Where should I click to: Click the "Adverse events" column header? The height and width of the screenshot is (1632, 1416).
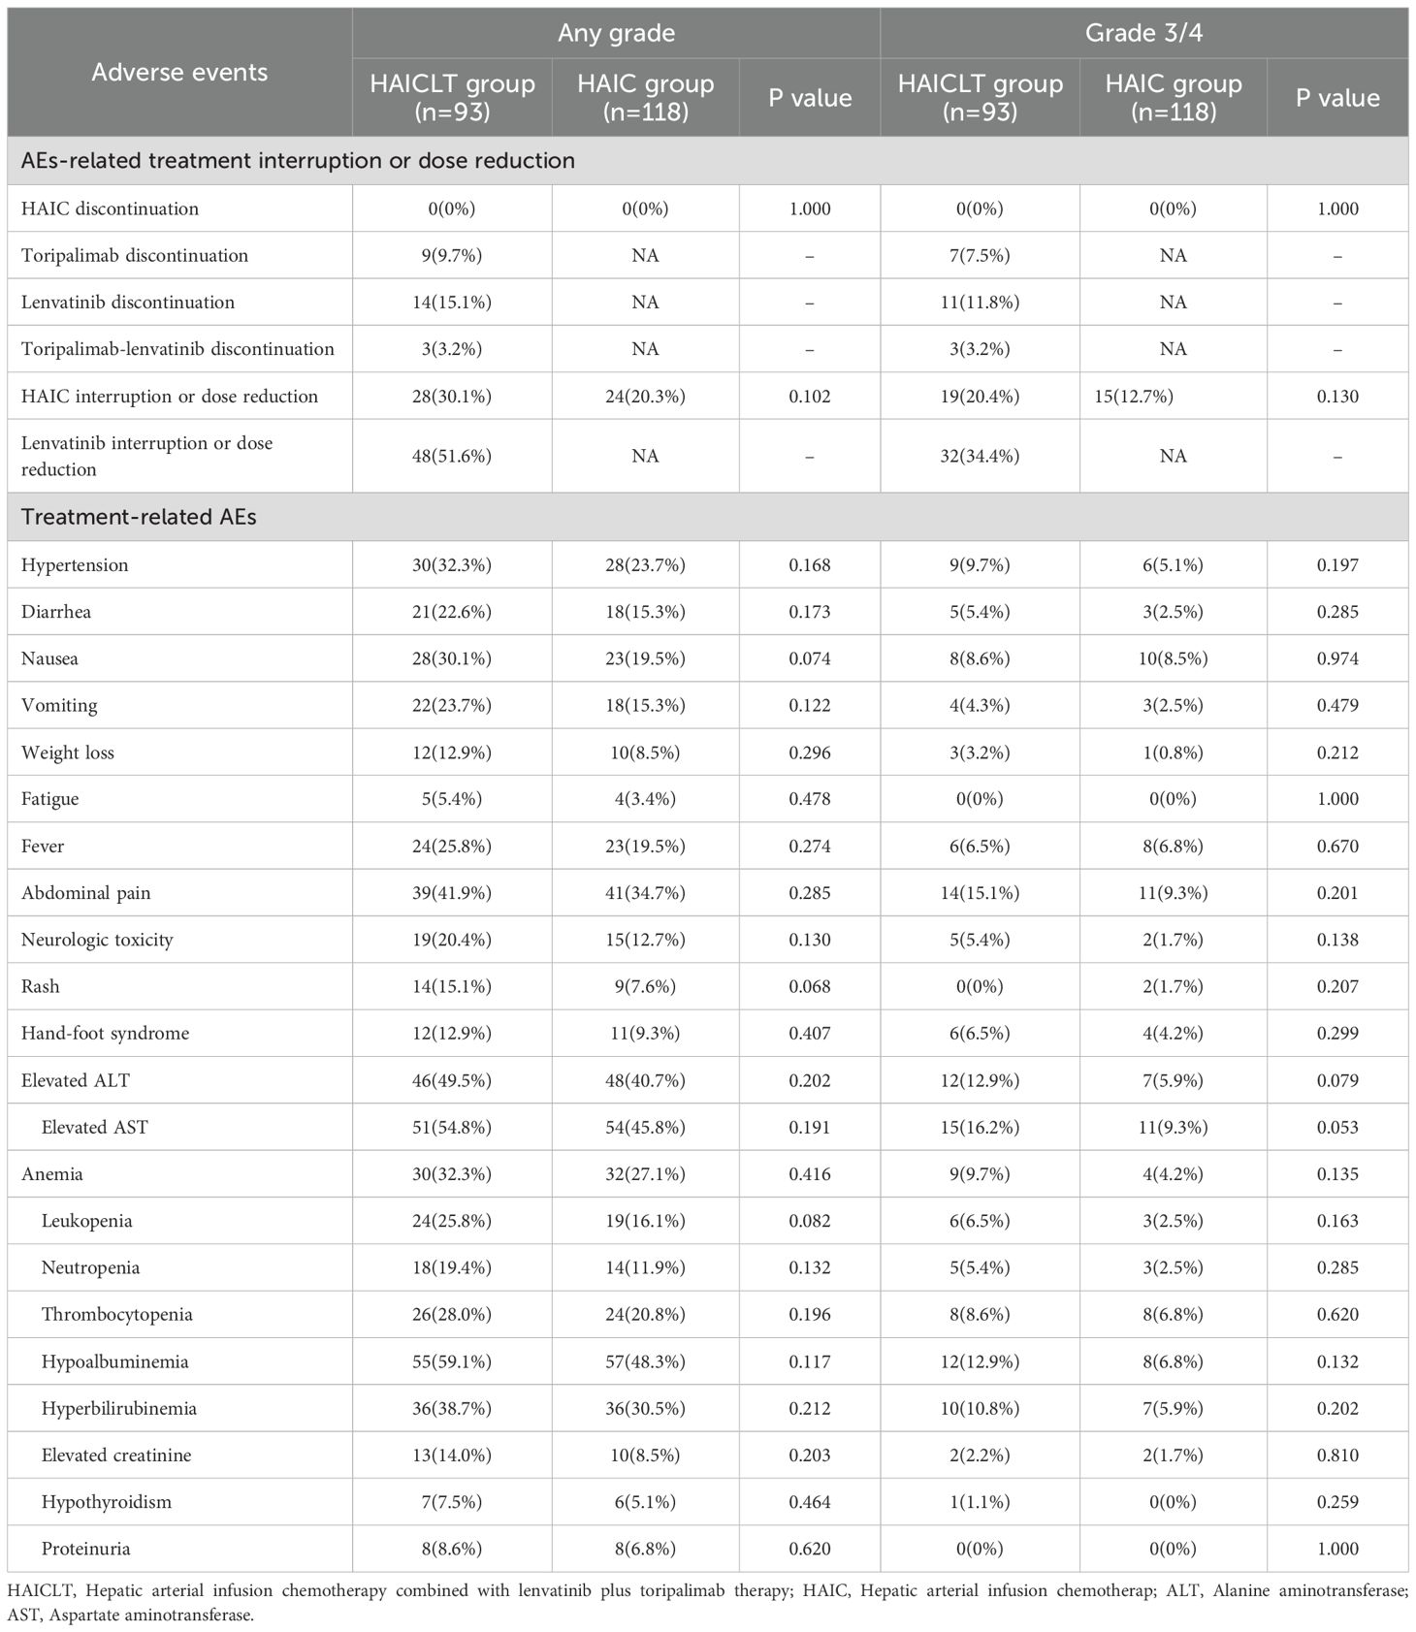(179, 73)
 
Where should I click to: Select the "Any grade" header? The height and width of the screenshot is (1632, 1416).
(616, 33)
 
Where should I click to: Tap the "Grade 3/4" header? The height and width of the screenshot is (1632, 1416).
(1143, 33)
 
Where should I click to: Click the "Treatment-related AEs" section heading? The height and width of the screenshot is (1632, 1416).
(139, 517)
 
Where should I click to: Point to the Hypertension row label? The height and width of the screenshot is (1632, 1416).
(75, 565)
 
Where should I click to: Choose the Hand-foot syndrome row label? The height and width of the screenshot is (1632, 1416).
(105, 1034)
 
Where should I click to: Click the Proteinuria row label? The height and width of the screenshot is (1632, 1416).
(85, 1549)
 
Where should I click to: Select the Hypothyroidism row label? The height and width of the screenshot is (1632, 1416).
(106, 1502)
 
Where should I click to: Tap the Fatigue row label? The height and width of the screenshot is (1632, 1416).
(50, 799)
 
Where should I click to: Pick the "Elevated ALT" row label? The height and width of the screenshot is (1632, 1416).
(76, 1080)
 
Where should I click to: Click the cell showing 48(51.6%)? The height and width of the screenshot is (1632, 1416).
(452, 456)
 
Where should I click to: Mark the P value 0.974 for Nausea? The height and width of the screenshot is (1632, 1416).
(1337, 658)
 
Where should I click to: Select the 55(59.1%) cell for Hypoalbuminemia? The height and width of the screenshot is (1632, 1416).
(452, 1361)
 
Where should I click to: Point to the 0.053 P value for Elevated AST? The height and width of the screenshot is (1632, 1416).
(1337, 1127)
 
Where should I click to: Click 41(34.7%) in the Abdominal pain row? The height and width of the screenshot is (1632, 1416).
(645, 893)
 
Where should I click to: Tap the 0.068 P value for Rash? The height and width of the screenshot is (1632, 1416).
(810, 986)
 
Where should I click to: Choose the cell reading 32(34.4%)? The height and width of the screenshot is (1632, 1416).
(980, 456)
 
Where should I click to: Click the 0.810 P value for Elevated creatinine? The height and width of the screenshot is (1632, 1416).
(1337, 1456)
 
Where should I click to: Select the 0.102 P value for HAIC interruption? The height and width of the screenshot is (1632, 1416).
(810, 397)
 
